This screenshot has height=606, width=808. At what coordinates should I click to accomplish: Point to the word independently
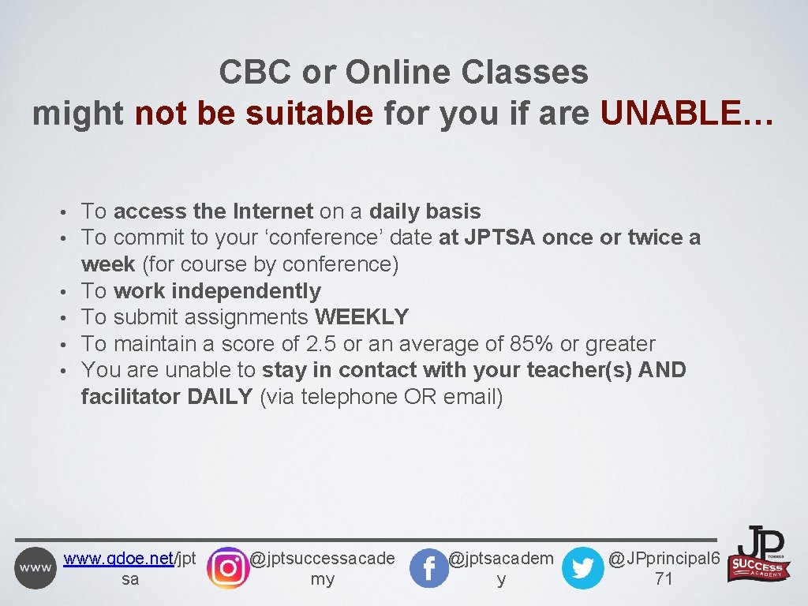point(246,291)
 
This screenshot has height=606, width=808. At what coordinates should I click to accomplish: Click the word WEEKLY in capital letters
point(361,317)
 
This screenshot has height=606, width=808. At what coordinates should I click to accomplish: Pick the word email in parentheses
point(469,397)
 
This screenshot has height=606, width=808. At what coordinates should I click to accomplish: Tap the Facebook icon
point(429,568)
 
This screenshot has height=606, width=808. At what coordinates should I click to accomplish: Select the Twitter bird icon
point(582,568)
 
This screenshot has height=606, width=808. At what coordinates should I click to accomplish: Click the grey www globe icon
point(36,568)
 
